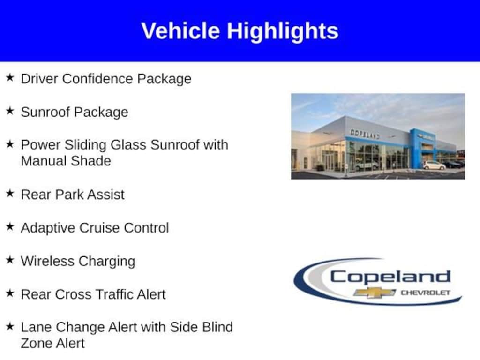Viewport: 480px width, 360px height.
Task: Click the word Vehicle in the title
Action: pos(180,31)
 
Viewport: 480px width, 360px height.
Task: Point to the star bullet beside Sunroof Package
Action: pos(10,111)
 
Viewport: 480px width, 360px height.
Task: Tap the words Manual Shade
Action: pos(66,161)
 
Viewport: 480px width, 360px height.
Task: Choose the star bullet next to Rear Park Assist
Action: pos(10,193)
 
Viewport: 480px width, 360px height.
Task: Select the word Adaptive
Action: pos(48,228)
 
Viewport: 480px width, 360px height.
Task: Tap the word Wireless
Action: pos(47,261)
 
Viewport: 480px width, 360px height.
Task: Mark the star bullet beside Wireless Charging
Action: pos(10,260)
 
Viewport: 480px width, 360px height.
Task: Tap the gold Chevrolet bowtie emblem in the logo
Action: pos(375,292)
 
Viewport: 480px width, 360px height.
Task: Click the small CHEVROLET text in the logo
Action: pos(426,292)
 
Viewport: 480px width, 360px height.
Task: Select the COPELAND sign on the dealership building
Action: pos(365,134)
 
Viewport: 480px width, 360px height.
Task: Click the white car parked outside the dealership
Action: pos(434,165)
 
